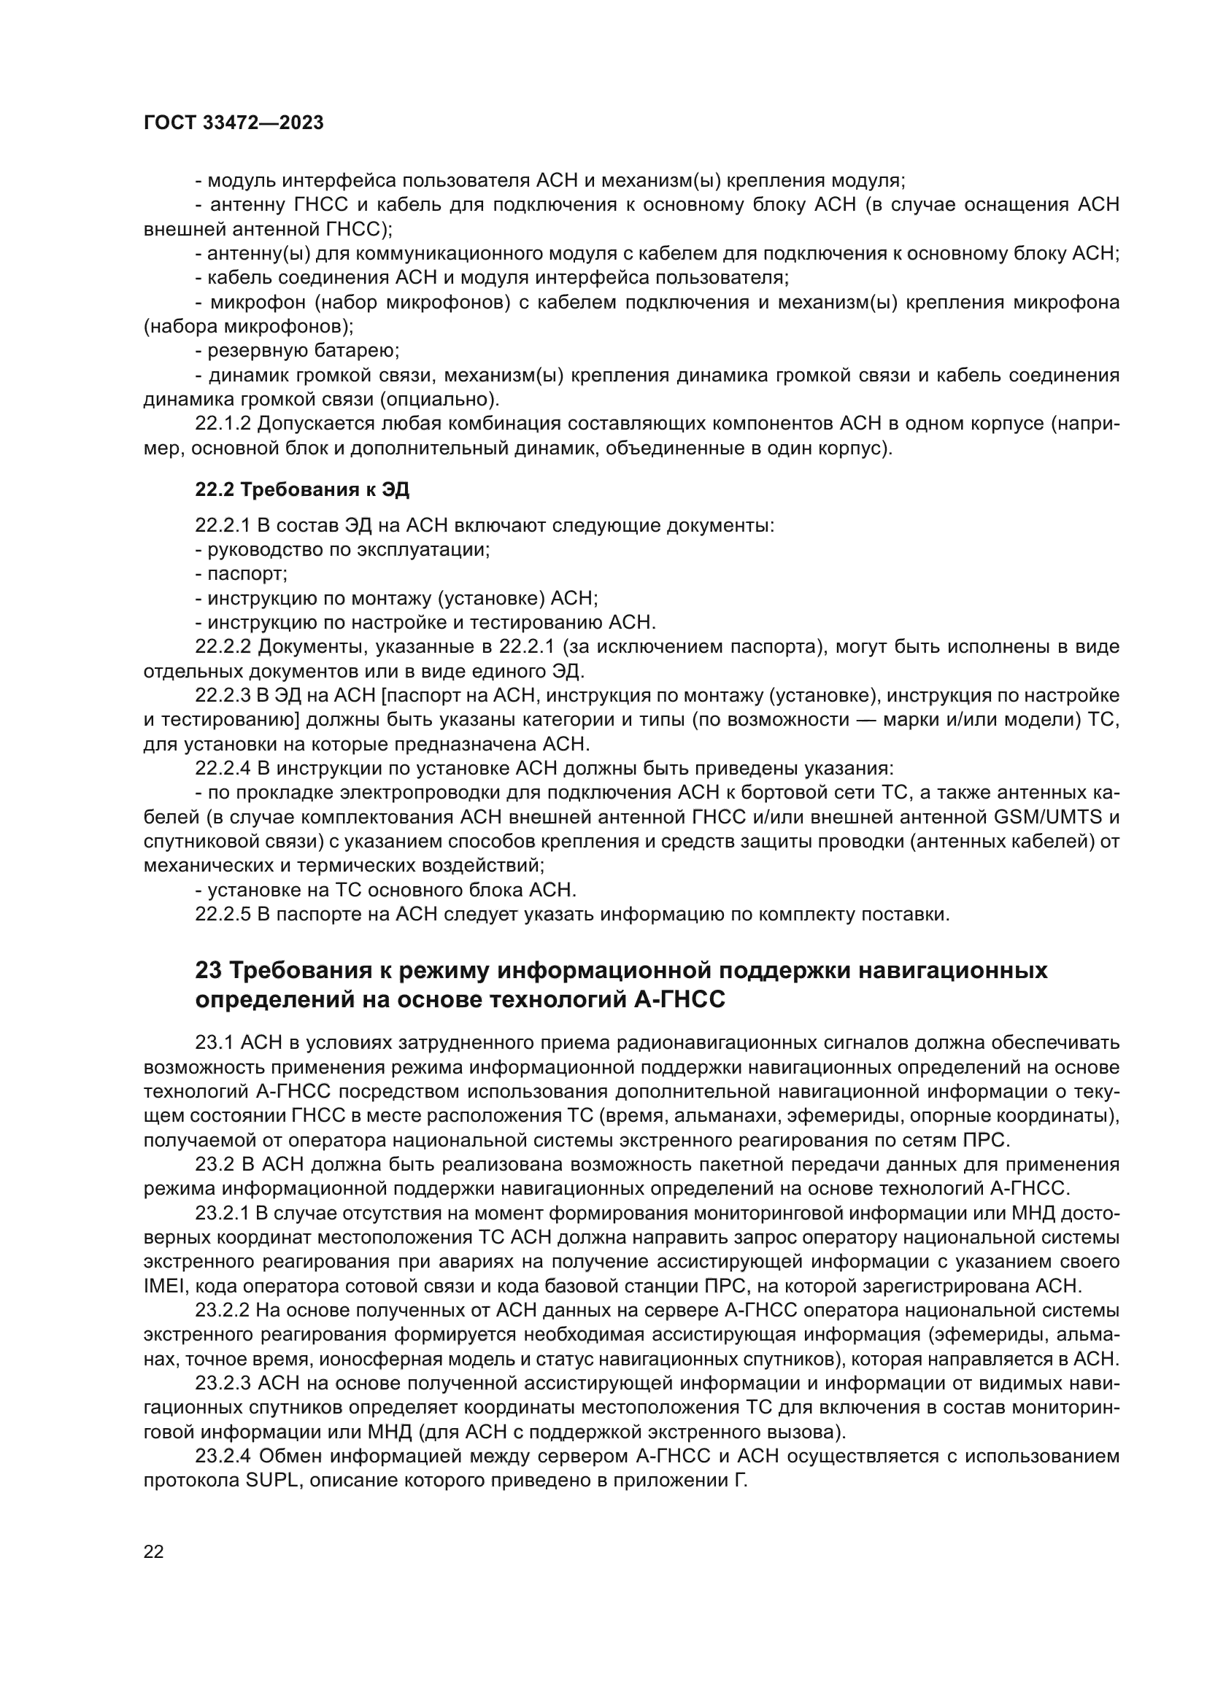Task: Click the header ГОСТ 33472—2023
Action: click(x=234, y=123)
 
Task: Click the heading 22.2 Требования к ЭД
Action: click(x=302, y=489)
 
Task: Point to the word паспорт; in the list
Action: click(x=247, y=573)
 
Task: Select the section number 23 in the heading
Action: click(x=209, y=970)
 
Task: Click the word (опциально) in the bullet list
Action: click(x=439, y=399)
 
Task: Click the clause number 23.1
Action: click(x=214, y=1043)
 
